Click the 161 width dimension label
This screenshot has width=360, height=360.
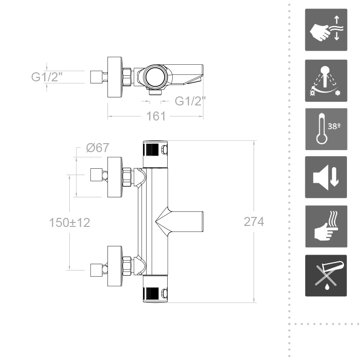tap(156, 116)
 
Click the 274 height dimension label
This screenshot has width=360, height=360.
tap(254, 222)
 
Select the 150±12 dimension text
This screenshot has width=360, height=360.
tap(70, 222)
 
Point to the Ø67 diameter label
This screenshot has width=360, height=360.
tap(97, 148)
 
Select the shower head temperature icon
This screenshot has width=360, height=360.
tap(326, 81)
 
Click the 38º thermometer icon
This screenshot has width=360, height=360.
tap(326, 129)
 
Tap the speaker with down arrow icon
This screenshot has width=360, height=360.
tap(326, 177)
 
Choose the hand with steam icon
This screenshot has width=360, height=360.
tap(326, 226)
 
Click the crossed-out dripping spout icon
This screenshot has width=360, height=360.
tap(326, 275)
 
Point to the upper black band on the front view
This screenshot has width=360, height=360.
tap(156, 149)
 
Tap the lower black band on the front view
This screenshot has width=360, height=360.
tap(156, 293)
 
